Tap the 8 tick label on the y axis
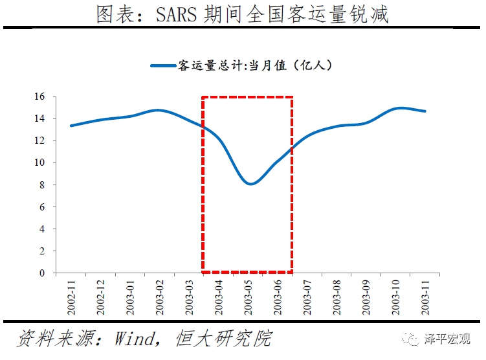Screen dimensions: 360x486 click(x=41, y=185)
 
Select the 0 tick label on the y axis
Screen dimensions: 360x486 click(x=41, y=273)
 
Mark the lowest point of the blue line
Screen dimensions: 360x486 click(x=250, y=184)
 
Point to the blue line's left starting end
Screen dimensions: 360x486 click(x=71, y=126)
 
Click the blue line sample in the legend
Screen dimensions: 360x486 click(x=163, y=65)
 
